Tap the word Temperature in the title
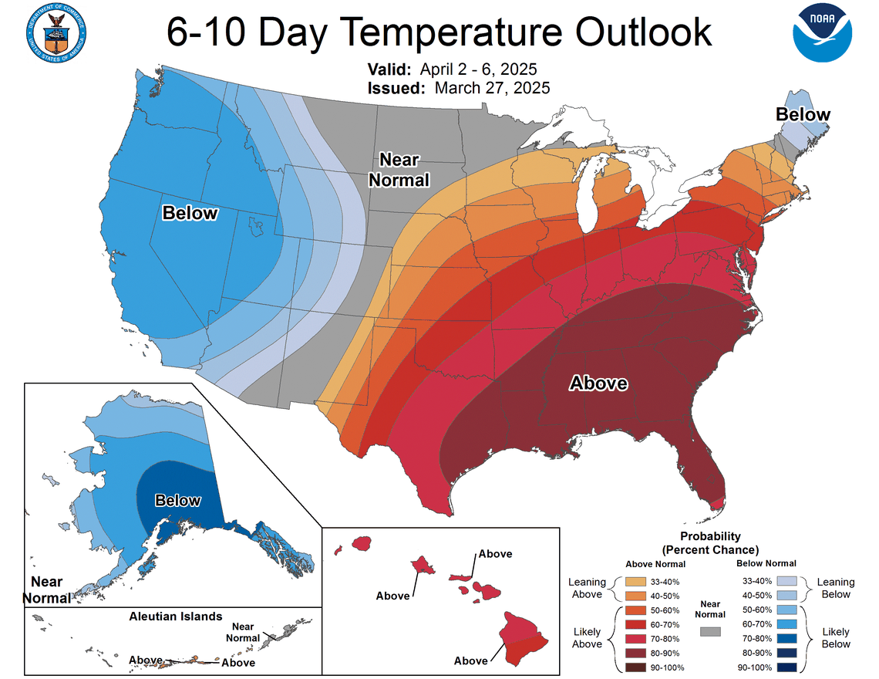click(455, 32)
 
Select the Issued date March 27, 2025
click(492, 87)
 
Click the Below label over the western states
click(190, 213)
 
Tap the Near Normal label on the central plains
click(399, 170)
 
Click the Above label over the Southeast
click(598, 383)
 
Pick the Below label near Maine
click(803, 115)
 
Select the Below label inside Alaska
click(177, 500)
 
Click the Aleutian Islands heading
click(176, 617)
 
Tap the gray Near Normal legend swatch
click(709, 631)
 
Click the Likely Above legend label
click(587, 638)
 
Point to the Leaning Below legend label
click(836, 588)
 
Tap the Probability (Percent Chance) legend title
click(710, 542)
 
